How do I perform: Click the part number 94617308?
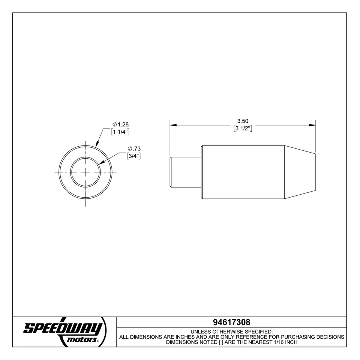tap(231, 322)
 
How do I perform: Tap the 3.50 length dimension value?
tap(243, 121)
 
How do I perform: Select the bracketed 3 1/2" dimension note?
tap(243, 128)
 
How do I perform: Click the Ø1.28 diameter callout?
tap(121, 124)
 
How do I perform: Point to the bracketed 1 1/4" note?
tap(120, 132)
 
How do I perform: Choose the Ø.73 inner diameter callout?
tap(134, 149)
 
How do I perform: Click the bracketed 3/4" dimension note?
tap(134, 156)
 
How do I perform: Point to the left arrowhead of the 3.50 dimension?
tap(173, 125)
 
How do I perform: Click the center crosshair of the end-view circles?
tap(86, 172)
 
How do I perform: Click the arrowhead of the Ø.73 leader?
tap(102, 162)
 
